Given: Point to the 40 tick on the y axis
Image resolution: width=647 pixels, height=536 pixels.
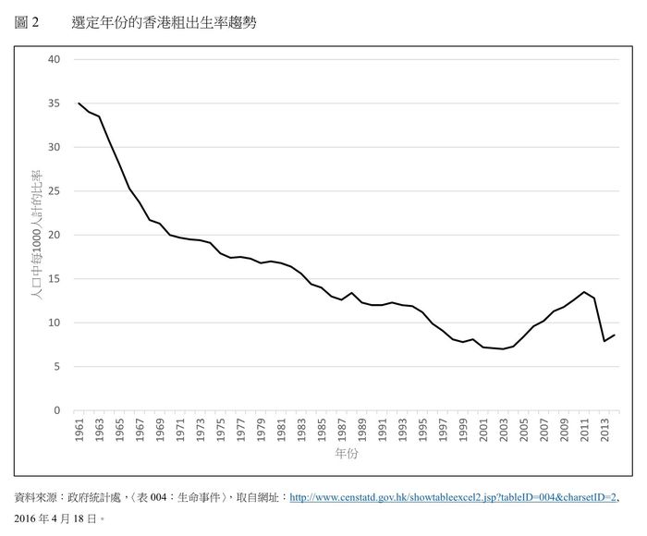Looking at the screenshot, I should click(54, 59).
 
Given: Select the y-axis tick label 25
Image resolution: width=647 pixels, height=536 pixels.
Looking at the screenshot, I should click(54, 191).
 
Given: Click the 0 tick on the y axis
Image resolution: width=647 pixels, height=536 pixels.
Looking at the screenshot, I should click(56, 410).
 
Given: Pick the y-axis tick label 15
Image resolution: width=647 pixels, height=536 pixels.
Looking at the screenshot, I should click(54, 279).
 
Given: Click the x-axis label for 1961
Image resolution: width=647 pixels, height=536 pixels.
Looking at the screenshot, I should click(79, 432).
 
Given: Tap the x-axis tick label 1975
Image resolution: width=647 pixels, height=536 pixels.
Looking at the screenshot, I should click(221, 432).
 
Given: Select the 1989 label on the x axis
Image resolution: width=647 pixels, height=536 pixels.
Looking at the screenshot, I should click(362, 432).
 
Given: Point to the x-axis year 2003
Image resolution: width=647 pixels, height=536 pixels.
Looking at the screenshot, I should click(504, 432).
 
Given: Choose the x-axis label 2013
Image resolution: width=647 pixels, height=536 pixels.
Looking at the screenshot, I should click(604, 432).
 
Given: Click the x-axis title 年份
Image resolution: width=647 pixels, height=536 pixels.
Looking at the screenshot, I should click(347, 455).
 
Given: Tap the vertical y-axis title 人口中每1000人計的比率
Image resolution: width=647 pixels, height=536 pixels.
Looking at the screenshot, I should click(37, 234).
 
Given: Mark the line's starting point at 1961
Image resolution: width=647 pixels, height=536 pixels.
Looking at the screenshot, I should click(79, 104).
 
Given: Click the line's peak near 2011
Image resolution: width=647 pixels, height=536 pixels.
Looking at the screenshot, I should click(584, 292).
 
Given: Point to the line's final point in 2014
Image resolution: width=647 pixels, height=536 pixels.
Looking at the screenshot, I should click(615, 335).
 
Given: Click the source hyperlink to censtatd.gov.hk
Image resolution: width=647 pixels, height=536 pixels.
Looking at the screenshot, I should click(453, 497).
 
